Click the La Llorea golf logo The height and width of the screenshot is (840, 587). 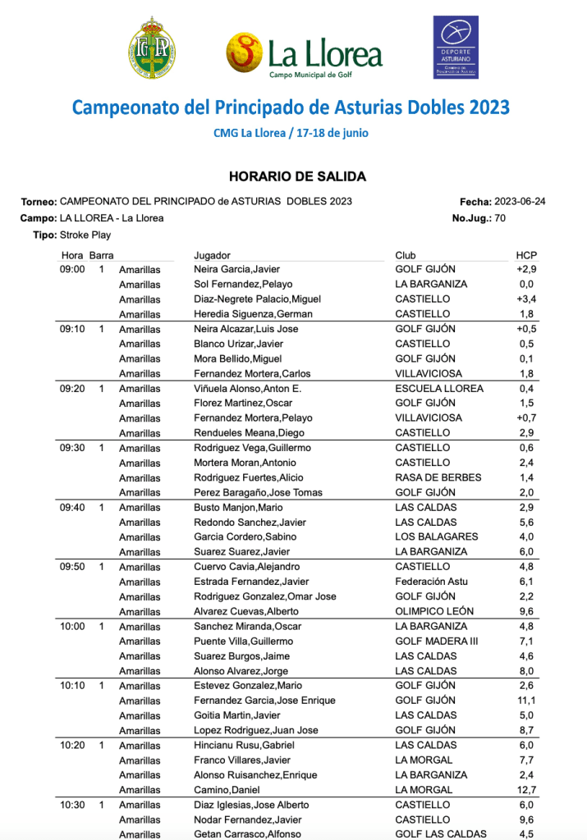[x=305, y=53]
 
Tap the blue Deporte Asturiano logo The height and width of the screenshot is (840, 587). [x=456, y=48]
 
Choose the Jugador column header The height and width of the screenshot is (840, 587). [x=212, y=255]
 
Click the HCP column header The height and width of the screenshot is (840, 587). [x=526, y=255]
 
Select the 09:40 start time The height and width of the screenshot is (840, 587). [x=72, y=508]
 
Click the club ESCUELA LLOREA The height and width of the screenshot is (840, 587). [x=439, y=389]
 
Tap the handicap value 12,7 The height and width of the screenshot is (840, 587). [x=526, y=790]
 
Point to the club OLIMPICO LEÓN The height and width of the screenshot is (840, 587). [x=433, y=612]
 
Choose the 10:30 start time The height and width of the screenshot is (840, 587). [x=72, y=805]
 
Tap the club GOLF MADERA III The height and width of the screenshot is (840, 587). [x=437, y=641]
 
